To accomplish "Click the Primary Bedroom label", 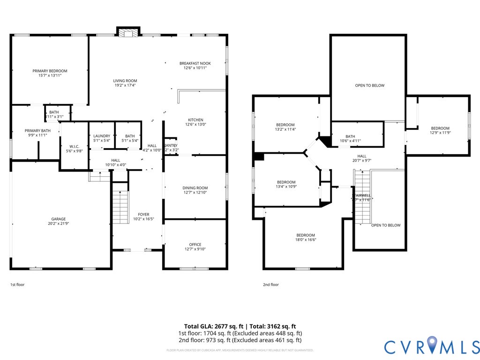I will pos(47,71).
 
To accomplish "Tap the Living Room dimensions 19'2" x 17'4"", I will pos(125,85).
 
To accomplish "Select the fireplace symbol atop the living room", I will pos(127,33).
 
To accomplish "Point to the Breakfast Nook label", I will pos(195,63).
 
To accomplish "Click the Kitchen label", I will pos(195,120).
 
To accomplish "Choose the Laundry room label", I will pos(102,136).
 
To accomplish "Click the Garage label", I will pos(59,219).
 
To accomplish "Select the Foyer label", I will pos(143,215).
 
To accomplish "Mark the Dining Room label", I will pos(195,188).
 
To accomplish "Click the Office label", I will pos(195,244).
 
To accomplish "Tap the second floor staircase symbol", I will pos(362,197).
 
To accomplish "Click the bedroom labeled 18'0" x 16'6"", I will pos(306,235).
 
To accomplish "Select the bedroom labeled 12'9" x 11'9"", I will pos(440,128).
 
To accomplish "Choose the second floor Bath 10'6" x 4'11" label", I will pos(350,136).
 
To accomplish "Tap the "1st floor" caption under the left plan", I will pos(17,285).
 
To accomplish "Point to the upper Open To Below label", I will pos(369,85).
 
